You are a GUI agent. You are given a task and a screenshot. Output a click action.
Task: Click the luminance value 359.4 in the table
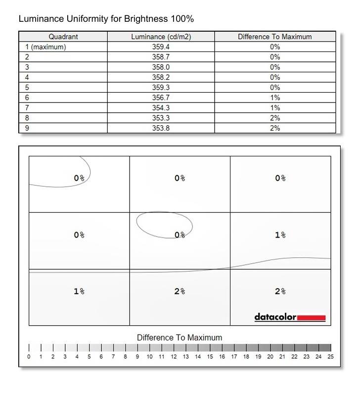pyautogui.click(x=161, y=47)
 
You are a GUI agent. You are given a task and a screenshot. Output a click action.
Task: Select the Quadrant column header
pyautogui.click(x=63, y=37)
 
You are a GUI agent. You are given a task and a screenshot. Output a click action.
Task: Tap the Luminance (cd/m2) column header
pyautogui.click(x=161, y=37)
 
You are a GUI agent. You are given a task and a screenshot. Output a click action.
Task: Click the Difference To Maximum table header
pyautogui.click(x=275, y=37)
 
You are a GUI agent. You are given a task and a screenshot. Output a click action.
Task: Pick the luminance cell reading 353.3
pyautogui.click(x=161, y=118)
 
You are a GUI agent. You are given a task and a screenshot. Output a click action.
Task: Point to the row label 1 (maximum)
pyautogui.click(x=45, y=47)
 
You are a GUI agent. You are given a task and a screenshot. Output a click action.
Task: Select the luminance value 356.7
pyautogui.click(x=161, y=98)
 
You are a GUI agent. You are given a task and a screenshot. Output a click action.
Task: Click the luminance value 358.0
pyautogui.click(x=161, y=67)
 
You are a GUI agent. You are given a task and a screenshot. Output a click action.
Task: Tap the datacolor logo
pyautogui.click(x=275, y=317)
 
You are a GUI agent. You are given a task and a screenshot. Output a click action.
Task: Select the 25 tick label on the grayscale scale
pyautogui.click(x=330, y=357)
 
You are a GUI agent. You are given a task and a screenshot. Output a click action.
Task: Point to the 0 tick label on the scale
pyautogui.click(x=29, y=357)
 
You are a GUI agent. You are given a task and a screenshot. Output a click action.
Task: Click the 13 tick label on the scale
pyautogui.click(x=185, y=357)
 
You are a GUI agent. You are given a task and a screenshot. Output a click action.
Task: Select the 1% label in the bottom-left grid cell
pyautogui.click(x=79, y=292)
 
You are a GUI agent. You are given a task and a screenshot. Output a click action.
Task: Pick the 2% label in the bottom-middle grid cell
pyautogui.click(x=180, y=292)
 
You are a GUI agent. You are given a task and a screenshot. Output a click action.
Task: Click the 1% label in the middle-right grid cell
pyautogui.click(x=280, y=235)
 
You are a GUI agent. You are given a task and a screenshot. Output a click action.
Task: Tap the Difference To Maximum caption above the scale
pyautogui.click(x=180, y=338)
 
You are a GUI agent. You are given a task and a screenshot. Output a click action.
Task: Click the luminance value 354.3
pyautogui.click(x=161, y=107)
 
